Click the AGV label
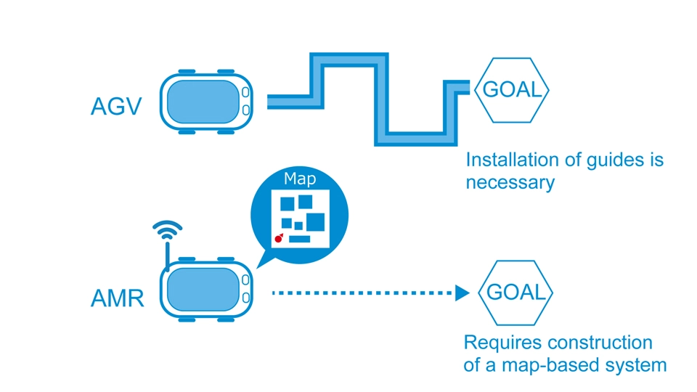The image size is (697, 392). coord(115,107)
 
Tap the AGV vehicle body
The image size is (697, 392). coord(203,101)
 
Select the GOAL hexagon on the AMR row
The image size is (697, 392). coord(515,293)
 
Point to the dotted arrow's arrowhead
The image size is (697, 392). coord(462,293)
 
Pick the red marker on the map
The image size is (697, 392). coord(277,237)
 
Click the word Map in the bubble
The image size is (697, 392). coord(299,179)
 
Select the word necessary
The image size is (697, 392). coord(510,182)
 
